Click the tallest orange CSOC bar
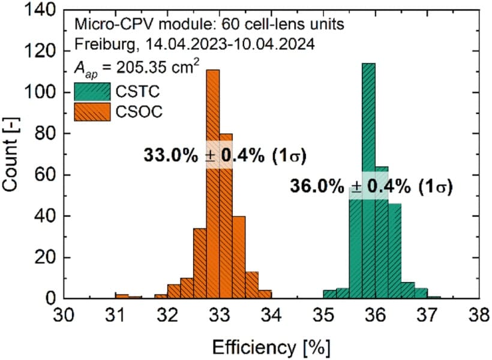tap(212, 180)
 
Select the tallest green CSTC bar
tap(368, 180)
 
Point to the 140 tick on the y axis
tap(46, 11)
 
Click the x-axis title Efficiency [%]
tap(272, 345)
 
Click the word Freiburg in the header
tap(98, 45)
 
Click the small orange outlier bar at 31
tap(122, 296)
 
